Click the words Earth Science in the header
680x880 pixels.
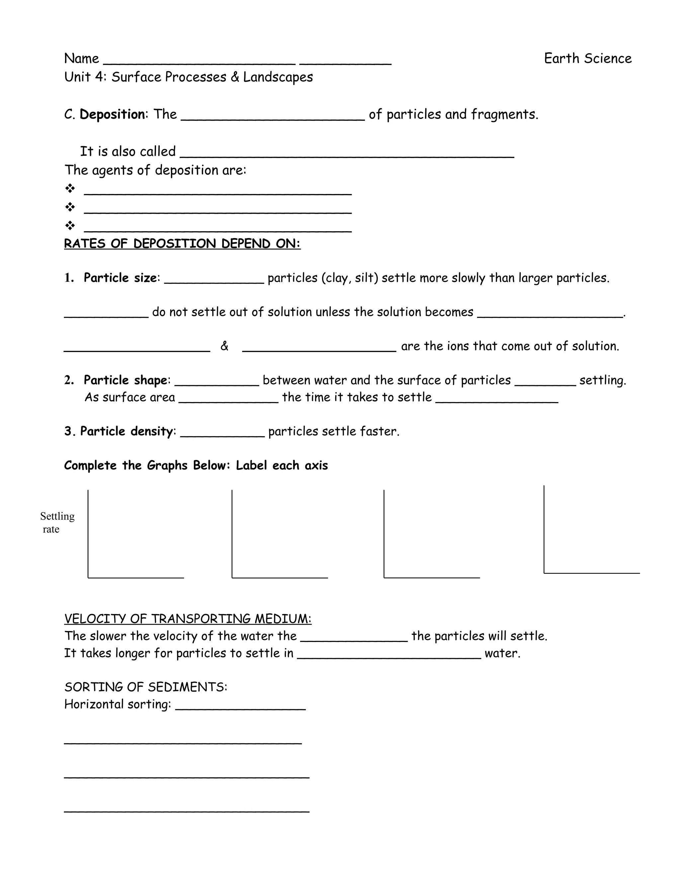click(x=587, y=58)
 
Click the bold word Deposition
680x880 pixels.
click(x=113, y=115)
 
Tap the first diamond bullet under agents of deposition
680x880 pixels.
click(x=70, y=188)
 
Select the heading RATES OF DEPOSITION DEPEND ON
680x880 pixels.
click(x=182, y=244)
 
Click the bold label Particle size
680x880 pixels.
click(x=120, y=278)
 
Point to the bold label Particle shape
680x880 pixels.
click(x=125, y=380)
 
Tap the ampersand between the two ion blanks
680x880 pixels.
click(x=224, y=346)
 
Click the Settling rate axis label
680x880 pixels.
click(x=57, y=523)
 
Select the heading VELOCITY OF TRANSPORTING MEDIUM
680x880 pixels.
click(x=188, y=619)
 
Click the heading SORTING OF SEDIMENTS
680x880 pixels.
click(x=146, y=687)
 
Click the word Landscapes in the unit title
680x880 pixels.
click(x=278, y=77)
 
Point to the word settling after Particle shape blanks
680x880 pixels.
click(x=602, y=380)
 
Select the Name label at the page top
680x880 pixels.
click(x=81, y=59)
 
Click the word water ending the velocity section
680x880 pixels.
click(x=502, y=653)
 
